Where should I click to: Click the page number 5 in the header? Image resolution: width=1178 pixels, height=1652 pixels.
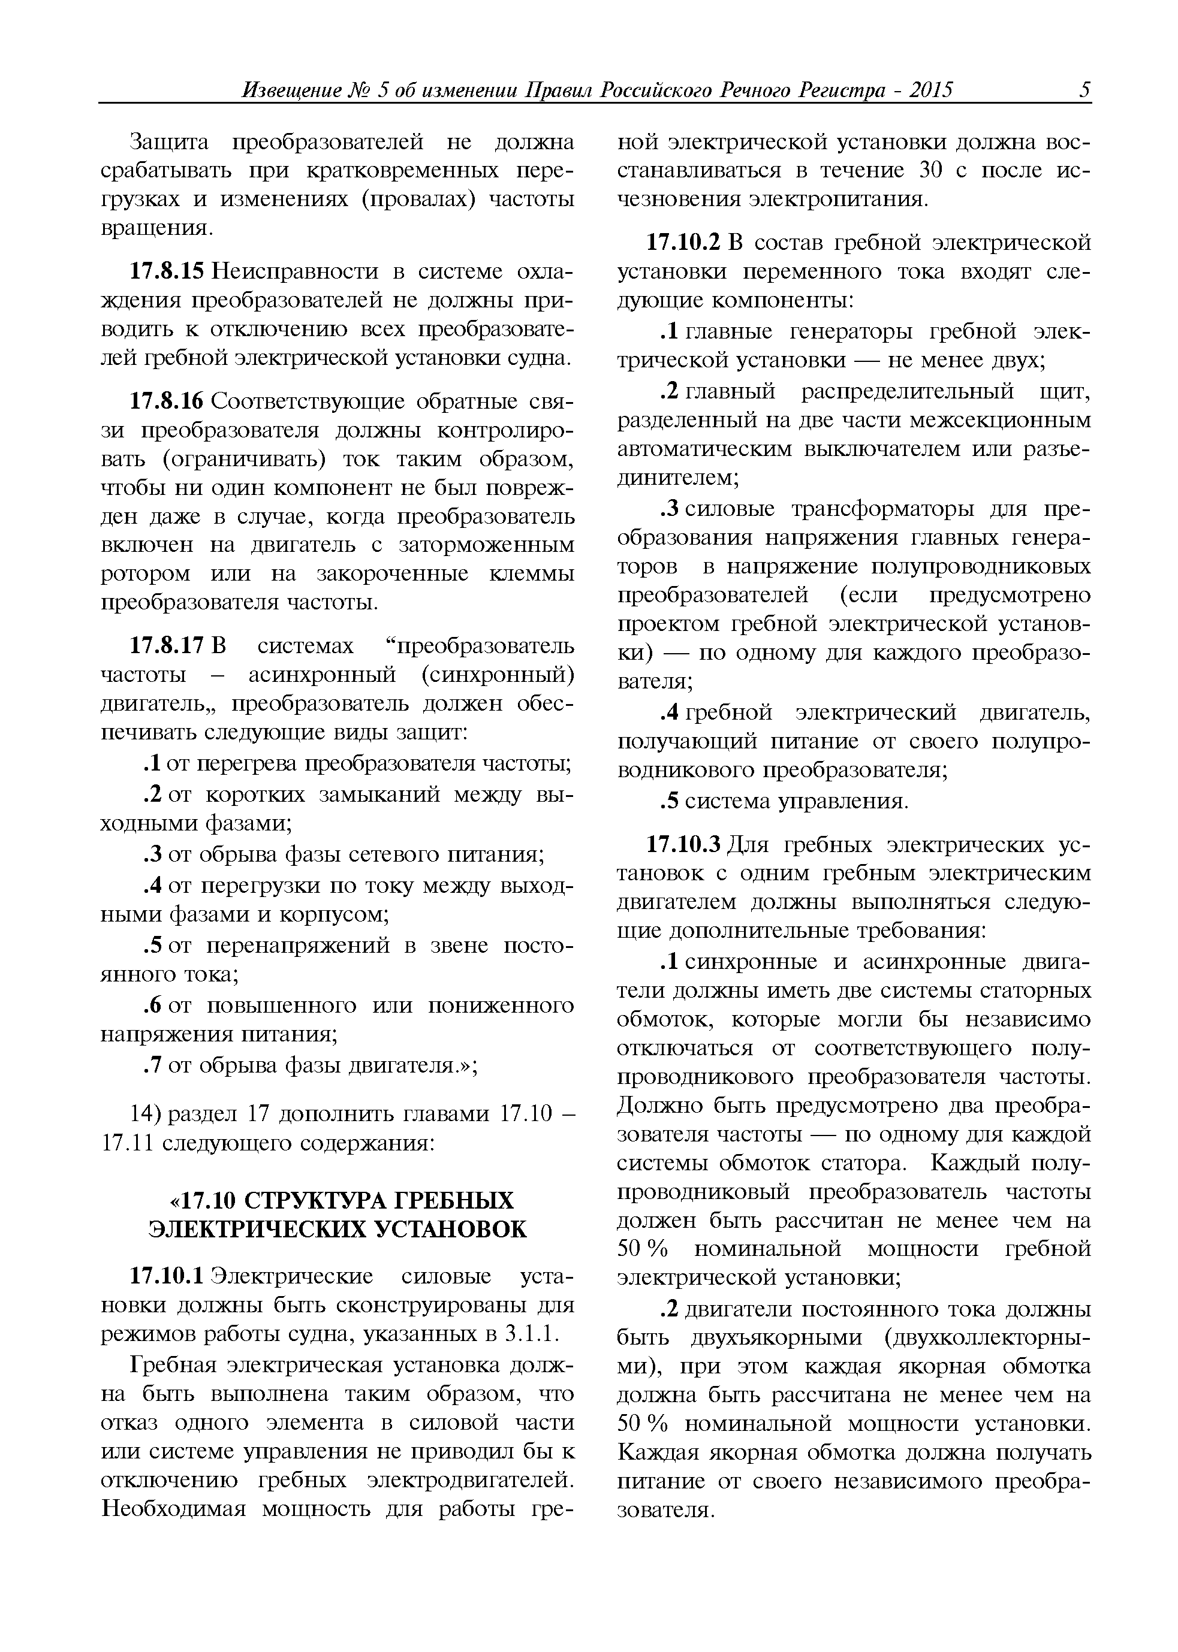point(1084,90)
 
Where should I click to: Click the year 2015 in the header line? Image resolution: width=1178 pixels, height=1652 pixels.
point(930,90)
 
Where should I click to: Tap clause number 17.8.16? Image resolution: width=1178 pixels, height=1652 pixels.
point(168,401)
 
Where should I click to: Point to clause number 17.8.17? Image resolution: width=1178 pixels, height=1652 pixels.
point(168,646)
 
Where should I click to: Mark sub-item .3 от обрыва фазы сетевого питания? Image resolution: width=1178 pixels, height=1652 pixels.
point(152,854)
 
